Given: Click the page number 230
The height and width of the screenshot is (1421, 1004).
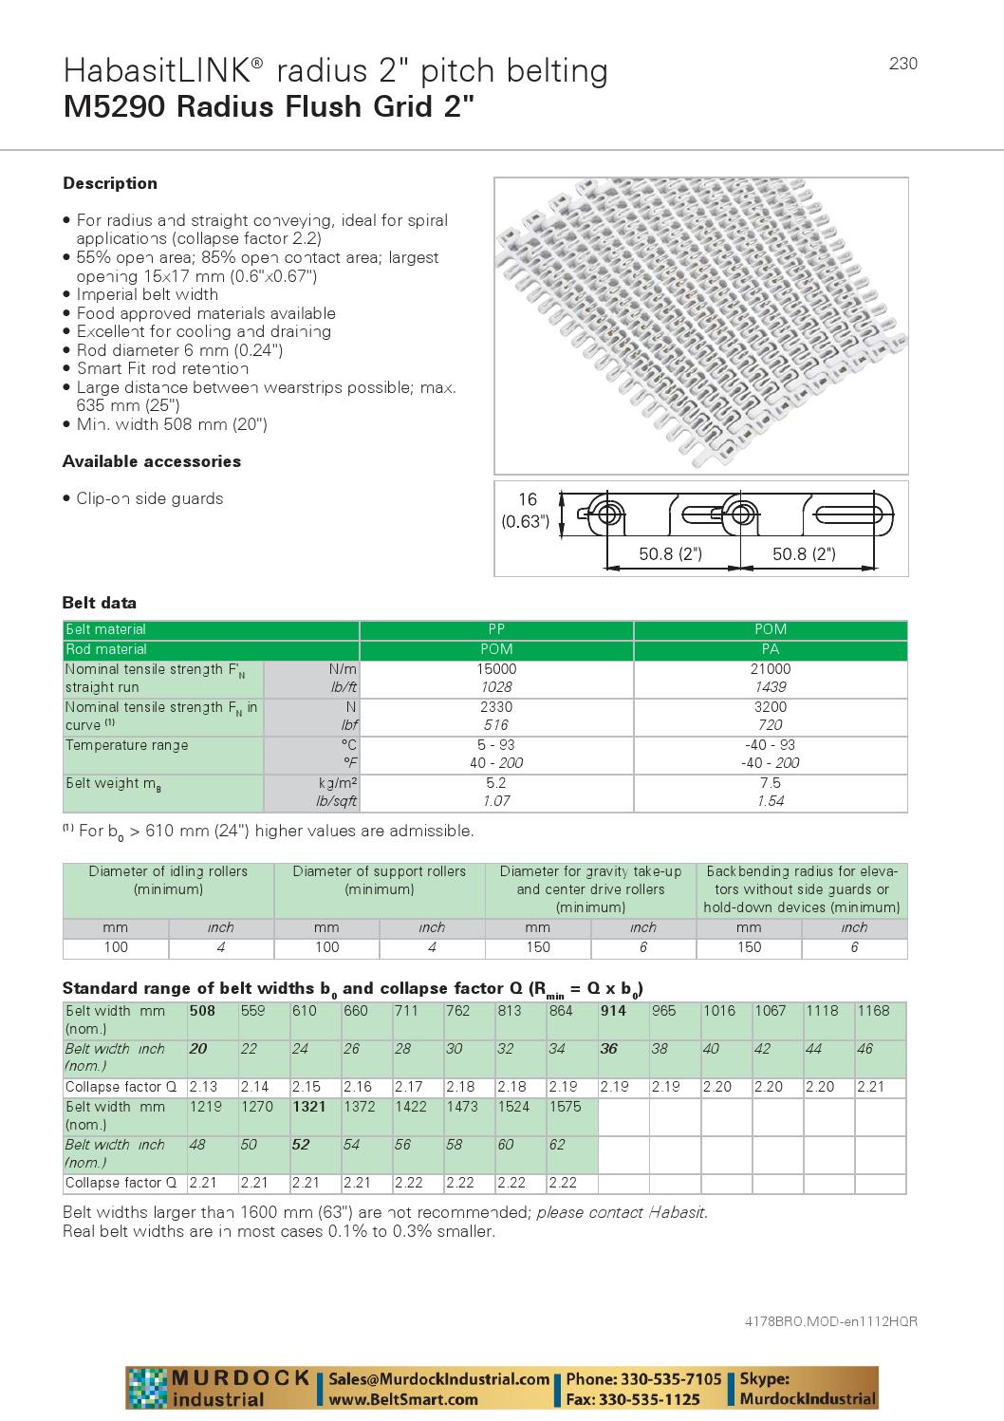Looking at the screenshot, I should tap(902, 64).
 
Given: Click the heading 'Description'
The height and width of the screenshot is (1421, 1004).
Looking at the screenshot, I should tap(110, 183).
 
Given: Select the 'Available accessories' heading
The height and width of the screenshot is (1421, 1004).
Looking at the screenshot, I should tap(152, 461).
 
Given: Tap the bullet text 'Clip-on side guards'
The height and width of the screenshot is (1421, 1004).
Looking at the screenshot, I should tap(149, 498).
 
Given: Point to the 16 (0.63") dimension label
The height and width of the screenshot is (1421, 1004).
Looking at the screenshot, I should tap(526, 510).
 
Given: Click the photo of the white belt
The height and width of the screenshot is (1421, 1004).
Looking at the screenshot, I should tap(700, 325).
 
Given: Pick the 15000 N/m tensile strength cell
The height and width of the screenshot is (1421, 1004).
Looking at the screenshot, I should tap(496, 669).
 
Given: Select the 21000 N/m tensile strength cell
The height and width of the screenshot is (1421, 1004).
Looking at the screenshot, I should tap(770, 669).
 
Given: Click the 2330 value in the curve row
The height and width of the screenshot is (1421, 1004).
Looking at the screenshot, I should tap(496, 707).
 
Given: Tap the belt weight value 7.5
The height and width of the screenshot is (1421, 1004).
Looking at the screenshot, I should tap(770, 783).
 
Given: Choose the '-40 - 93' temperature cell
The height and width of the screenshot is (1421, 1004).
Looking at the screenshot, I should tap(770, 745).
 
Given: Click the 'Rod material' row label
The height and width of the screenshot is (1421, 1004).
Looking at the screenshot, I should tap(106, 649).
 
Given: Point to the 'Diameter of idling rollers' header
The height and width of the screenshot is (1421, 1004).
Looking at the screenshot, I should tap(168, 880).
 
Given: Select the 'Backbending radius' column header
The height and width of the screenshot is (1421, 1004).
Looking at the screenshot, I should tap(802, 888).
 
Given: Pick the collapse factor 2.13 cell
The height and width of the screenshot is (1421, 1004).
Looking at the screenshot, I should tap(203, 1087).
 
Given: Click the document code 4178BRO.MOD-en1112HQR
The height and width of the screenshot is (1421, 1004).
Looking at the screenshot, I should tap(830, 1321).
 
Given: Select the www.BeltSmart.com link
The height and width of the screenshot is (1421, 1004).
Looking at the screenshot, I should tap(404, 1399).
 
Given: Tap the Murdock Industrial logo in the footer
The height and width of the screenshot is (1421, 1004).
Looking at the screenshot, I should tap(220, 1388).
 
